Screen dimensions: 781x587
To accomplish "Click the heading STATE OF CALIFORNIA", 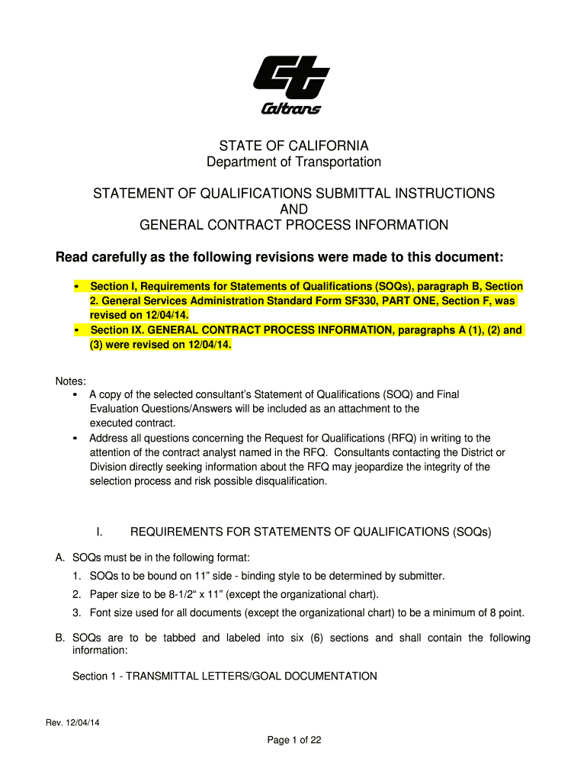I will pyautogui.click(x=293, y=145).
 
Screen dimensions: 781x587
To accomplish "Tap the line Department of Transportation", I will pyautogui.click(x=293, y=162).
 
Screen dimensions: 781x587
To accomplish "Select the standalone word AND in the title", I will pyautogui.click(x=293, y=209).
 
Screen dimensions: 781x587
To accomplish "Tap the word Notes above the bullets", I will pyautogui.click(x=70, y=381).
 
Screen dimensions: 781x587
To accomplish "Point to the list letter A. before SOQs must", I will pyautogui.click(x=60, y=558).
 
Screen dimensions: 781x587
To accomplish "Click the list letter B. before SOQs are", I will pyautogui.click(x=60, y=638).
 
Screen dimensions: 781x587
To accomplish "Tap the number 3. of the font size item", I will pyautogui.click(x=78, y=612).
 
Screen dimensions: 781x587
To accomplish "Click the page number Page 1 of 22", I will pyautogui.click(x=293, y=740).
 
